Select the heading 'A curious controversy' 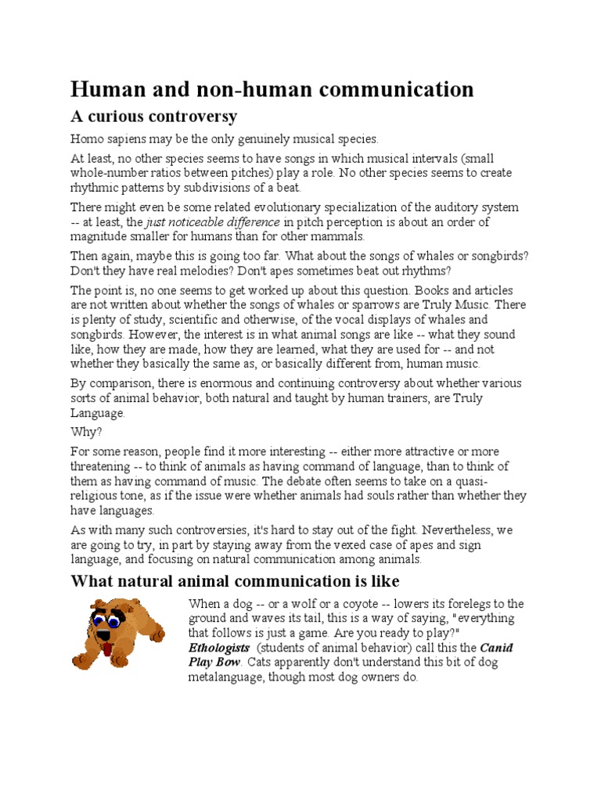coord(154,117)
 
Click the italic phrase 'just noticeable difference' coord(213,222)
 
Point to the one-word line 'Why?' coord(85,431)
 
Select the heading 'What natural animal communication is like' coord(235,580)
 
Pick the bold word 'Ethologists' coord(219,648)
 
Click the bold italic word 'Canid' coord(496,648)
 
